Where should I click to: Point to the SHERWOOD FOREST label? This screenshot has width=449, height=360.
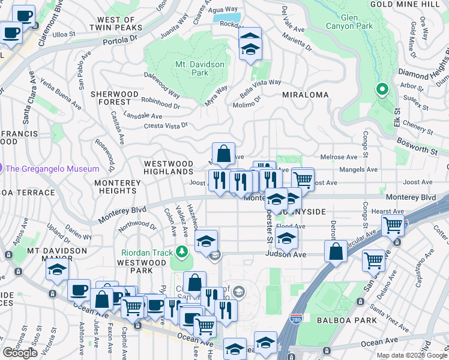115,98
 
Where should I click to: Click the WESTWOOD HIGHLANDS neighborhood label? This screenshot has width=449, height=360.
168,167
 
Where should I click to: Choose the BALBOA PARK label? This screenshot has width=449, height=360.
349,320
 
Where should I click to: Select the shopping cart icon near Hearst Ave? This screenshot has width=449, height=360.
393,226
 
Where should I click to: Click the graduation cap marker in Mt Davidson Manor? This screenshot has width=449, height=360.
57,270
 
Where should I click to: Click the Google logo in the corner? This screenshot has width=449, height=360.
20,353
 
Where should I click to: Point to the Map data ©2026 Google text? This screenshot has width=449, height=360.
412,355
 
